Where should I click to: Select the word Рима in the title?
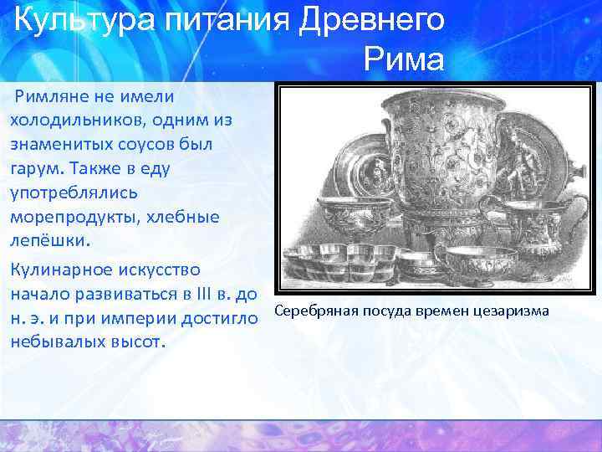(x=404, y=59)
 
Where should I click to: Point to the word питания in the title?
(x=222, y=18)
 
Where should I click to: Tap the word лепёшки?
(x=47, y=241)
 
